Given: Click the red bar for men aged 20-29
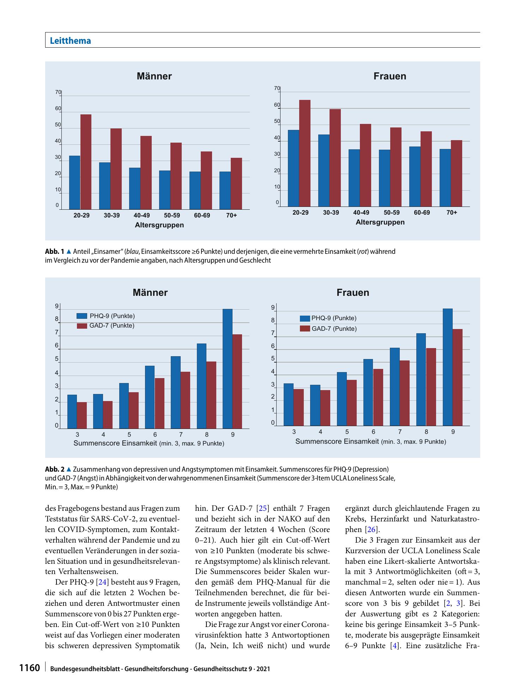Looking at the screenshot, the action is pos(86,162).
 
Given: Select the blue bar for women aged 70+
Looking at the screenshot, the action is pos(445,178).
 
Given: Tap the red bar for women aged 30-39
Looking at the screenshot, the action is pos(335,158).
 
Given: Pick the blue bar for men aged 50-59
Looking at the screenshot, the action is pos(164,190).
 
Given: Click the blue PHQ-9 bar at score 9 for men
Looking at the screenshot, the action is pos(228,369).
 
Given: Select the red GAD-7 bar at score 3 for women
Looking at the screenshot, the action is pos(298,407).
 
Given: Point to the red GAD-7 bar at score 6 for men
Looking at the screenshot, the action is pos(159,403).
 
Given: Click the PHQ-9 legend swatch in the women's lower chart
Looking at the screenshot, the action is pos(305,318).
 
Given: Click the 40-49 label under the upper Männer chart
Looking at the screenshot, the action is pos(142,215).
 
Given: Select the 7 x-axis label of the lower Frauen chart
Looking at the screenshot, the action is pos(400,431).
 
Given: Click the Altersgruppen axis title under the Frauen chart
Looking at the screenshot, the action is pos(380,222).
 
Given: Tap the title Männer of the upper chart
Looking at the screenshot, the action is pos(154,76).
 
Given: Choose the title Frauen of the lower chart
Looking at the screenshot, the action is pos(353,292).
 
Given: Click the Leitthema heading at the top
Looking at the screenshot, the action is pos(71,41).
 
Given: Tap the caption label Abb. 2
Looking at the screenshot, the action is pos(55,470).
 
